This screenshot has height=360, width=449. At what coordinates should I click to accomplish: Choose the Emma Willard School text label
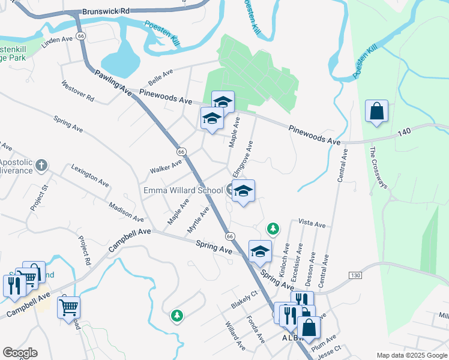click(x=182, y=190)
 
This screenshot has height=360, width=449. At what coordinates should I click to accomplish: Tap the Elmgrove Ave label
click(x=243, y=158)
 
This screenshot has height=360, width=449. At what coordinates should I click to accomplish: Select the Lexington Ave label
click(x=91, y=174)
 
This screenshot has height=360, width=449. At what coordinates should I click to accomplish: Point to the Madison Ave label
click(x=127, y=212)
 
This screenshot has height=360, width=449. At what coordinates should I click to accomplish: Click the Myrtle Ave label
click(x=197, y=220)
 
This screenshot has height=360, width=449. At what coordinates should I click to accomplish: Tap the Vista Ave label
click(x=312, y=224)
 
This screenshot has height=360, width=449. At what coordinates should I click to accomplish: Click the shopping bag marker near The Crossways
click(x=376, y=112)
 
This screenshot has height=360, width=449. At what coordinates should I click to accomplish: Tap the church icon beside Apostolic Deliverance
click(x=41, y=164)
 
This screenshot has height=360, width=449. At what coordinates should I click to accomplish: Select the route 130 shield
click(x=355, y=275)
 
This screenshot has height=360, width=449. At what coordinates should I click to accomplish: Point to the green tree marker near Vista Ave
click(x=273, y=229)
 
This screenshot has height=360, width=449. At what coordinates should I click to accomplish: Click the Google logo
click(x=20, y=353)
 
